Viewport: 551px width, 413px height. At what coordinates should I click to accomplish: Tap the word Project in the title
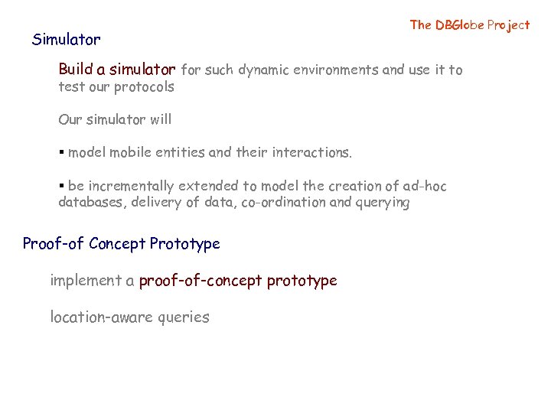508,24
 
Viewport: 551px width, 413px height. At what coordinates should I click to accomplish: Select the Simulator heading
66,39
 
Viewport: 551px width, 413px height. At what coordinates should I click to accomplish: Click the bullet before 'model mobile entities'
61,153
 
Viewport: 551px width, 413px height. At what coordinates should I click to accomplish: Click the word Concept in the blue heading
117,244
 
